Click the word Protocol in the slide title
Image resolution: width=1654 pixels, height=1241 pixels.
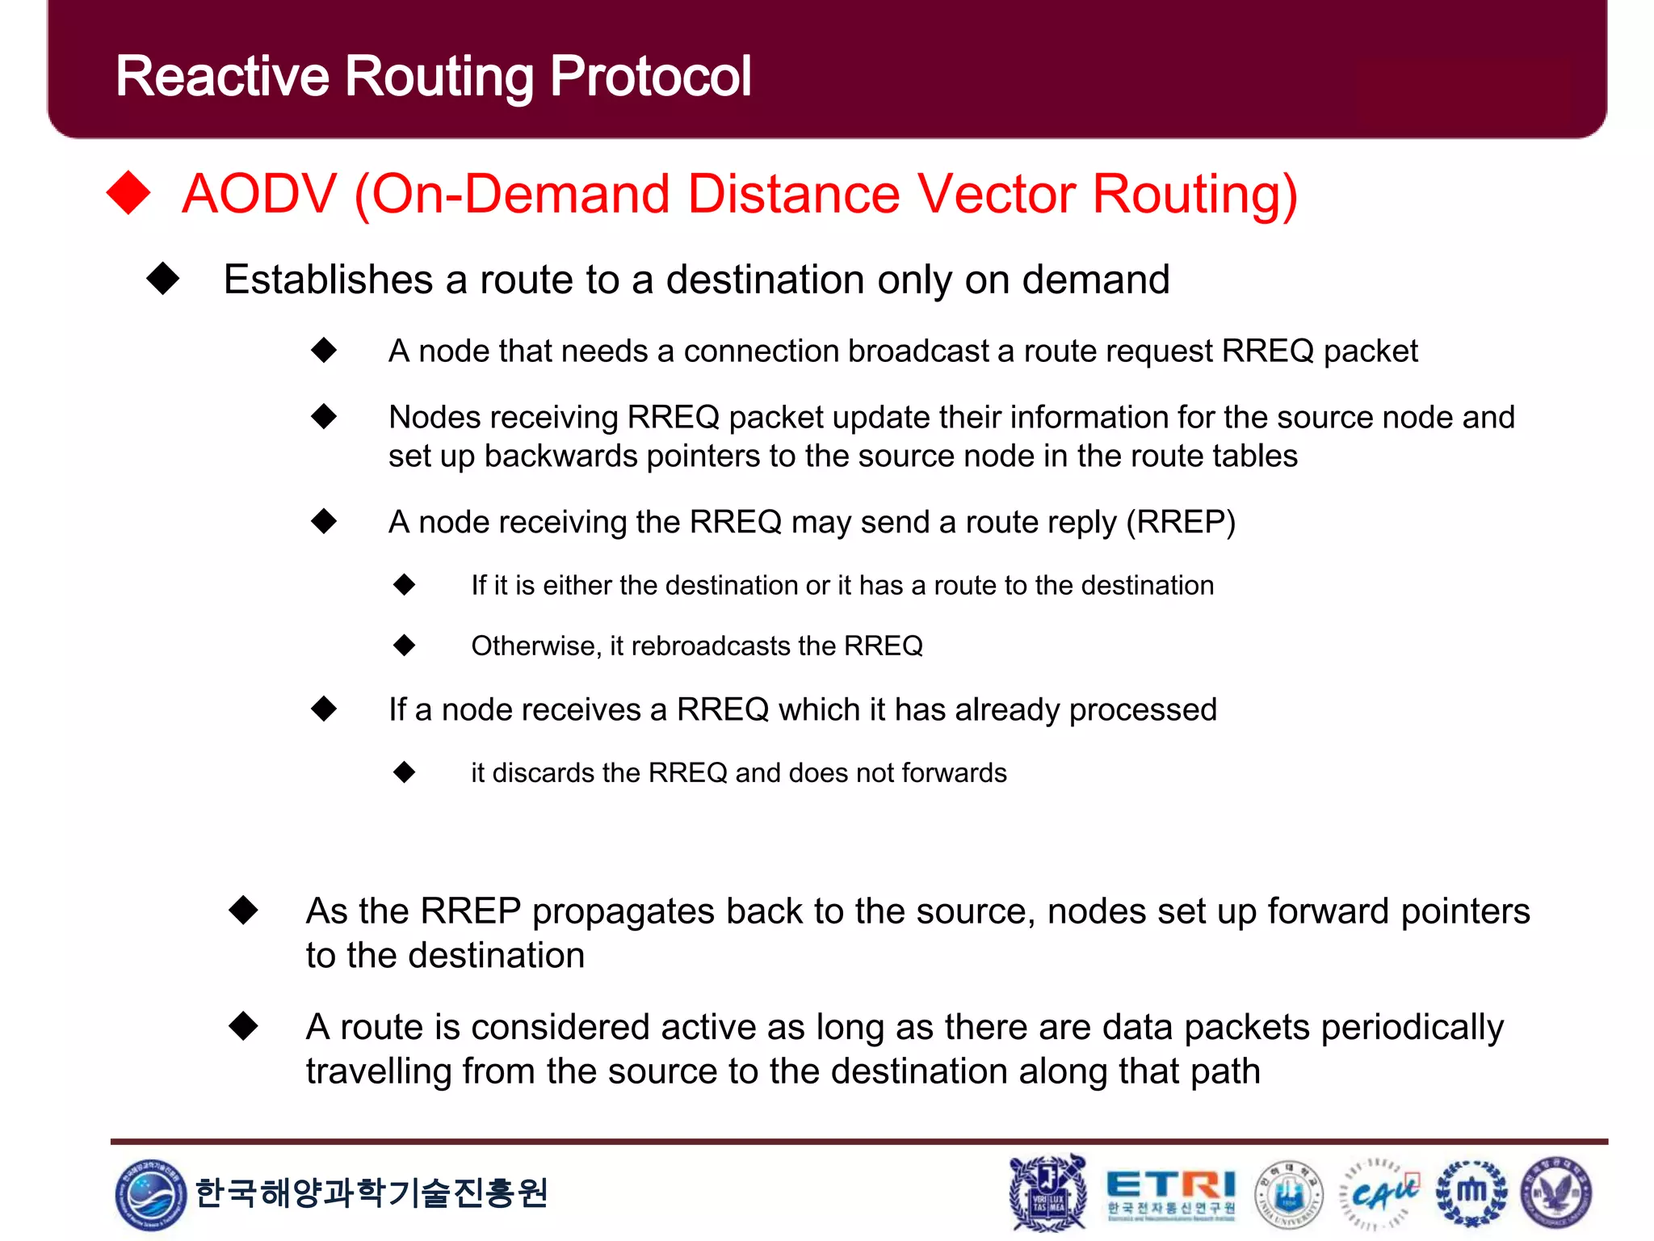click(650, 77)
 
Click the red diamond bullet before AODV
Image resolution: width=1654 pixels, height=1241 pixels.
click(129, 193)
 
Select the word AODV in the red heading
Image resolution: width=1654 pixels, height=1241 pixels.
click(259, 194)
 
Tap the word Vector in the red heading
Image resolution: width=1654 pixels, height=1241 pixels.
click(995, 194)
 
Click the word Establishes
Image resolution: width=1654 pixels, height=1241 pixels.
click(328, 280)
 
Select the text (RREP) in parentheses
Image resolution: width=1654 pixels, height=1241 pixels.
click(1181, 522)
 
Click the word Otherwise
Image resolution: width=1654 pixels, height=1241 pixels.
click(536, 646)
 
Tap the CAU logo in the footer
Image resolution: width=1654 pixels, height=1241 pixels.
click(1381, 1193)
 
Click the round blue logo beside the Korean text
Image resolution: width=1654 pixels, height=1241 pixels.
click(150, 1194)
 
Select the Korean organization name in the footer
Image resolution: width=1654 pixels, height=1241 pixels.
click(372, 1193)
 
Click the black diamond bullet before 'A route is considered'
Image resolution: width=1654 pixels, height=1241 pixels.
click(243, 1026)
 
